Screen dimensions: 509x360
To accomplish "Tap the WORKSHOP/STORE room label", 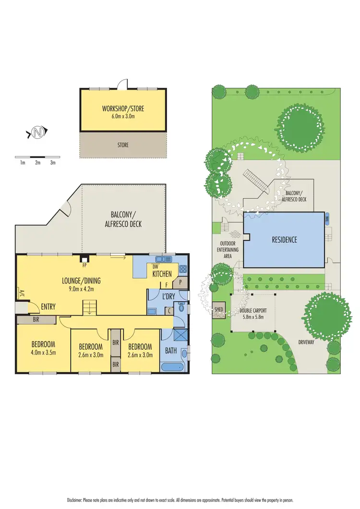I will click(x=123, y=109).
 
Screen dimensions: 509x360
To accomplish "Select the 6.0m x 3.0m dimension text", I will click(x=123, y=116).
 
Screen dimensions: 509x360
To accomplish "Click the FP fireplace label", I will click(x=84, y=265).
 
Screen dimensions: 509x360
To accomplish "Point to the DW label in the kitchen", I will click(x=155, y=267).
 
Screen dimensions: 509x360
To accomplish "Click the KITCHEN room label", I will click(x=162, y=274).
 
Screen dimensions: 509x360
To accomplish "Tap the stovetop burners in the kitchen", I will click(x=182, y=269).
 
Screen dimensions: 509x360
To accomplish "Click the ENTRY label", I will click(x=48, y=307).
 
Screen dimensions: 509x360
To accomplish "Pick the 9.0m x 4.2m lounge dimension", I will click(x=81, y=289).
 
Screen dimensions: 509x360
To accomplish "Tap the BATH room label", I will click(x=171, y=351).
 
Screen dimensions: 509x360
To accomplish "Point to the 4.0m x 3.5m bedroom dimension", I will click(x=43, y=352).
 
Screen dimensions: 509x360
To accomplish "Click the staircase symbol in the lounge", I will click(x=89, y=307).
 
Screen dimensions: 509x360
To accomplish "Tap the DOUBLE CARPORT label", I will click(x=253, y=310).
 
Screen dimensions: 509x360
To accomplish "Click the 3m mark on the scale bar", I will click(x=53, y=163).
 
